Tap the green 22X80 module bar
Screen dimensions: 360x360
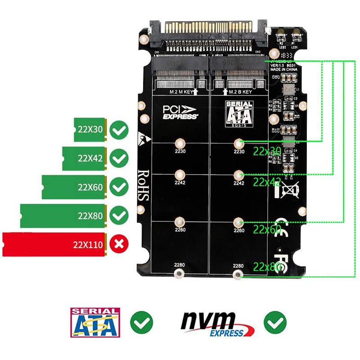pyautogui.click(x=63, y=216)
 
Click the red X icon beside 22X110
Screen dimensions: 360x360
pyautogui.click(x=119, y=244)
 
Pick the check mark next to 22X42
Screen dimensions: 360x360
pyautogui.click(x=119, y=158)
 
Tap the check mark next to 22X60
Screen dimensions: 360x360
pyautogui.click(x=119, y=187)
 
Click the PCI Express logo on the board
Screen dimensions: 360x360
pyautogui.click(x=180, y=112)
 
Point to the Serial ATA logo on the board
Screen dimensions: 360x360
pyautogui.click(x=239, y=114)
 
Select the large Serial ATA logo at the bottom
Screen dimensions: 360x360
pyautogui.click(x=95, y=323)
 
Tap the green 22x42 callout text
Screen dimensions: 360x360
pyautogui.click(x=267, y=181)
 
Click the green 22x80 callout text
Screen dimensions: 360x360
pyautogui.click(x=267, y=266)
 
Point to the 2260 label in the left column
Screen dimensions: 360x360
pyautogui.click(x=180, y=230)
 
